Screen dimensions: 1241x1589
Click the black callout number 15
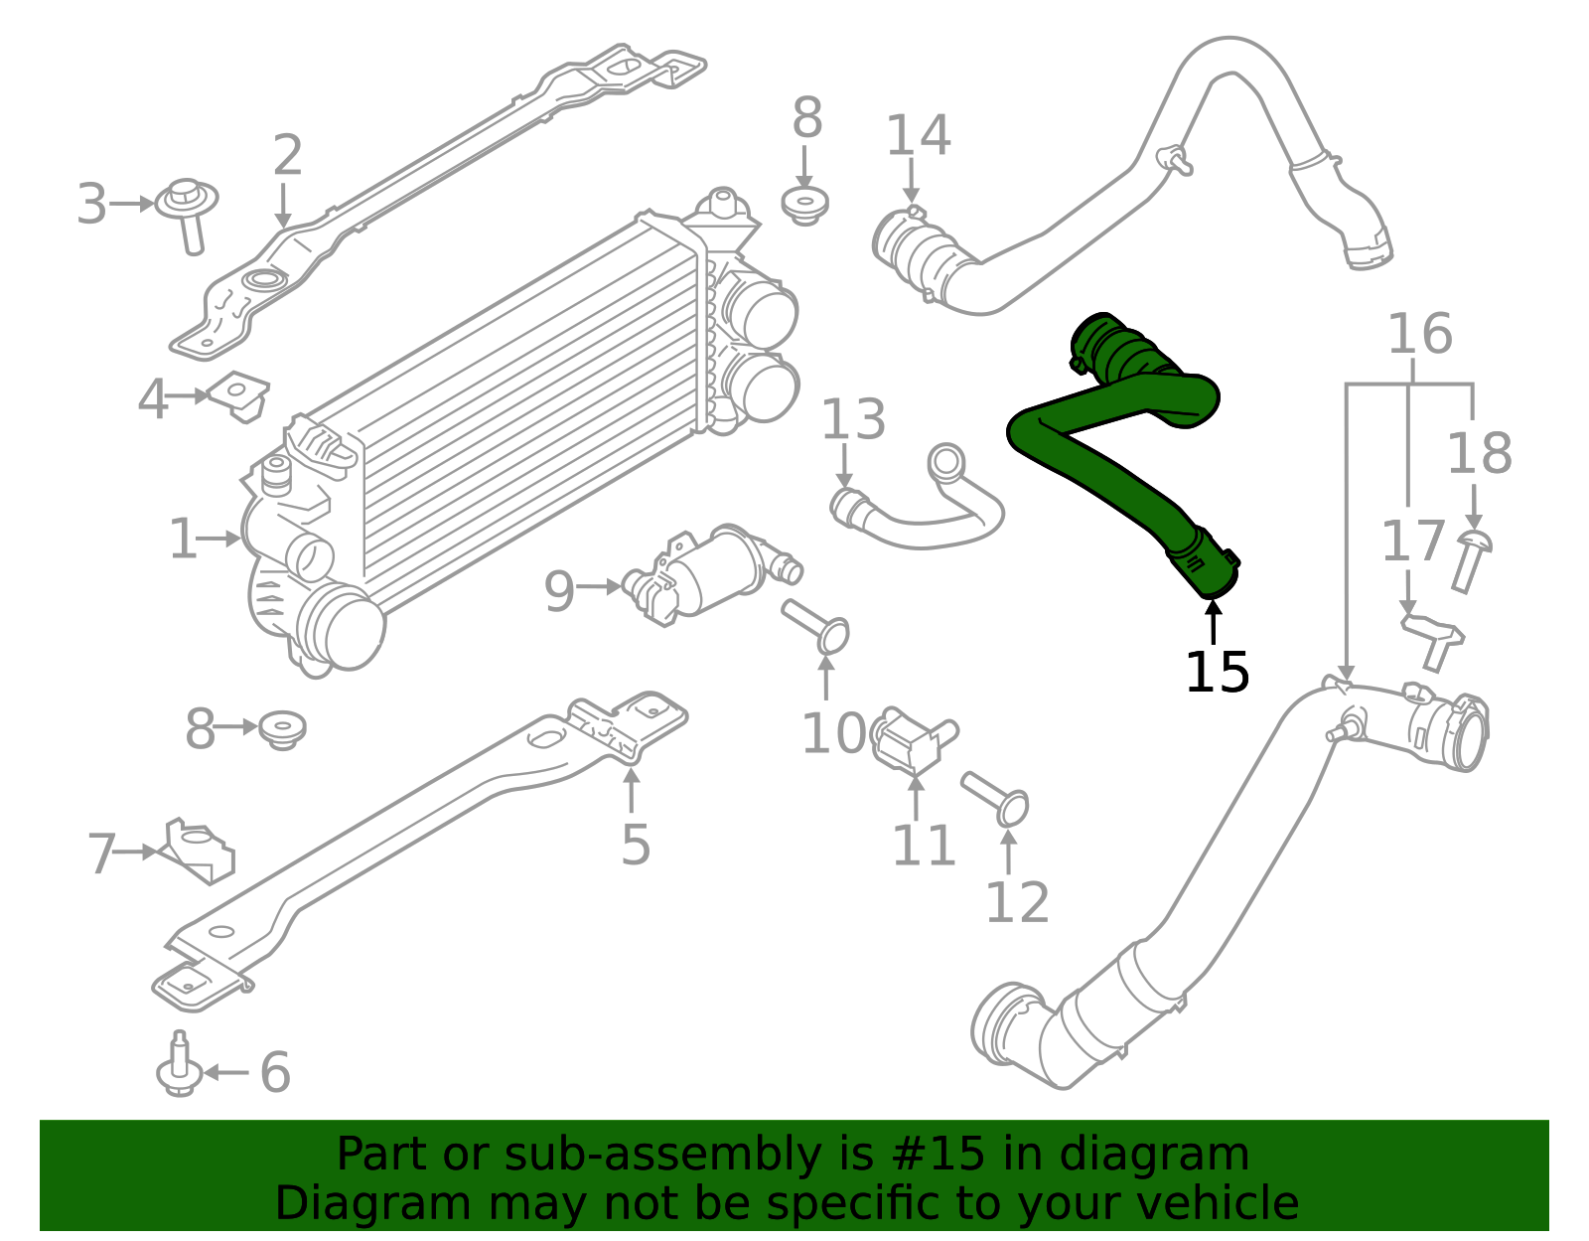pos(1217,673)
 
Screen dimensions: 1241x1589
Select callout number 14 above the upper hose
pos(918,136)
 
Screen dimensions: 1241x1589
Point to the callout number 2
pos(287,156)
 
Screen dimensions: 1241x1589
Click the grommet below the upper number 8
pos(805,206)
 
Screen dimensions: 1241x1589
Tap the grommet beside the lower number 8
pos(282,729)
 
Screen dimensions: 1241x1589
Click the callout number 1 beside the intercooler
pos(183,540)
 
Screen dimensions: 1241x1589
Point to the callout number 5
pos(636,845)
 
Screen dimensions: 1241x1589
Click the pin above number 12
pos(996,799)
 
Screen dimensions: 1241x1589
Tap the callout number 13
pos(852,420)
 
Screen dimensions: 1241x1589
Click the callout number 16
pos(1418,334)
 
